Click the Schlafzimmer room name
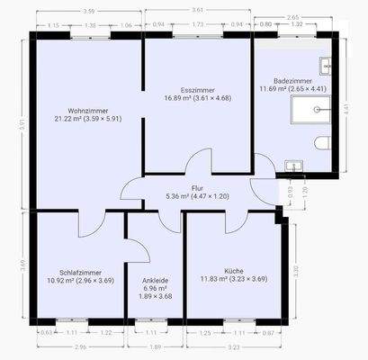(x=80, y=272)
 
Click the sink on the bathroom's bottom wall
(x=292, y=166)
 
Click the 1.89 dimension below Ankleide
(x=154, y=346)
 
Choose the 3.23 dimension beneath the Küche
(x=234, y=346)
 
